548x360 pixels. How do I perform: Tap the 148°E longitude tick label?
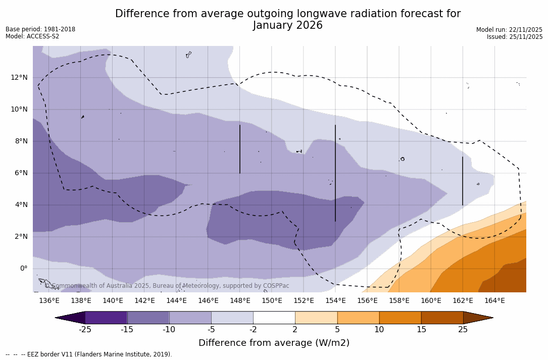pyautogui.click(x=240, y=301)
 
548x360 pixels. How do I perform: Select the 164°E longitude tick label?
pyautogui.click(x=494, y=301)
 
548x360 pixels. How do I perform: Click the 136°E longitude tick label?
pyautogui.click(x=49, y=301)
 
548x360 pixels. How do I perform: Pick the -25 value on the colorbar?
pyautogui.click(x=85, y=330)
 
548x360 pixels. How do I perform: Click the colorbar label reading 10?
pyautogui.click(x=379, y=330)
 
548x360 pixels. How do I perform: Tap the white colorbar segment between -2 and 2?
pyautogui.click(x=274, y=318)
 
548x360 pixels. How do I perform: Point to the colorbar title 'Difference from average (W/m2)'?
pyautogui.click(x=274, y=343)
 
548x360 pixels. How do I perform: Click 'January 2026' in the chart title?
pyautogui.click(x=287, y=26)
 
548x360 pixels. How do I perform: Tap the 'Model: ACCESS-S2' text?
pyautogui.click(x=32, y=36)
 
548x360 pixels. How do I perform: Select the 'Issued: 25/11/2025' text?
pyautogui.click(x=514, y=37)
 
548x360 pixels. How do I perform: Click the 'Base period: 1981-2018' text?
pyautogui.click(x=40, y=29)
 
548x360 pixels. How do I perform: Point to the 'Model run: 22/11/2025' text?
pyautogui.click(x=509, y=30)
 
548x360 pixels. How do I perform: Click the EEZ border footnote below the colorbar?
pyautogui.click(x=89, y=354)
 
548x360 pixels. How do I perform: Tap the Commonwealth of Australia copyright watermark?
pyautogui.click(x=167, y=286)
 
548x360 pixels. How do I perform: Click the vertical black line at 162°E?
pyautogui.click(x=462, y=181)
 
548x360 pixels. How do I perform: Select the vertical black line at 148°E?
pyautogui.click(x=239, y=149)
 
